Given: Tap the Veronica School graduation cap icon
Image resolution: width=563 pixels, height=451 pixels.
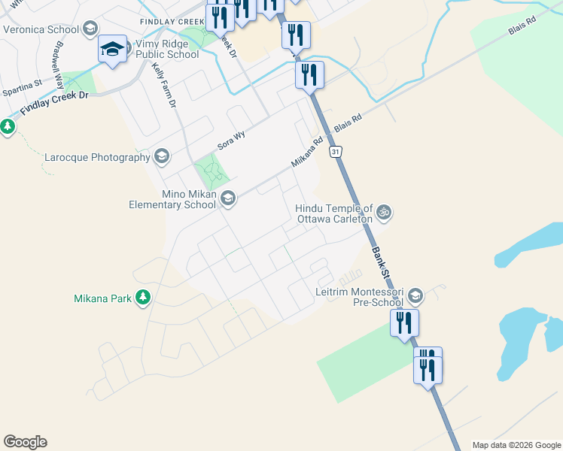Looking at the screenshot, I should click(x=90, y=30).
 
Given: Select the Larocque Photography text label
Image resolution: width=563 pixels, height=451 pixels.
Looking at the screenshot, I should click(x=98, y=158).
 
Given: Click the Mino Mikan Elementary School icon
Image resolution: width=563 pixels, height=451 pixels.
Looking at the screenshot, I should click(x=228, y=198).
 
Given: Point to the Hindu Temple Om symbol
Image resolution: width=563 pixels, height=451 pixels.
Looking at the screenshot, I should click(x=383, y=213).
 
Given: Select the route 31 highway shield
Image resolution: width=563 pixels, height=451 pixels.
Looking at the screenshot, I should click(x=336, y=152).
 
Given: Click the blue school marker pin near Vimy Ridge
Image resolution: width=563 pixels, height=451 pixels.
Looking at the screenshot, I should click(x=112, y=51).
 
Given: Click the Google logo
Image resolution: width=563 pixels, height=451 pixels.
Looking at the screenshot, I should click(x=25, y=442).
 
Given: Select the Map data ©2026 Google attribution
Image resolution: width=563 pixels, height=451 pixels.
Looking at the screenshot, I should click(x=517, y=445).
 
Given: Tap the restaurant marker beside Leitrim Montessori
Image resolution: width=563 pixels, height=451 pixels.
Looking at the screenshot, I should click(x=404, y=323).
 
